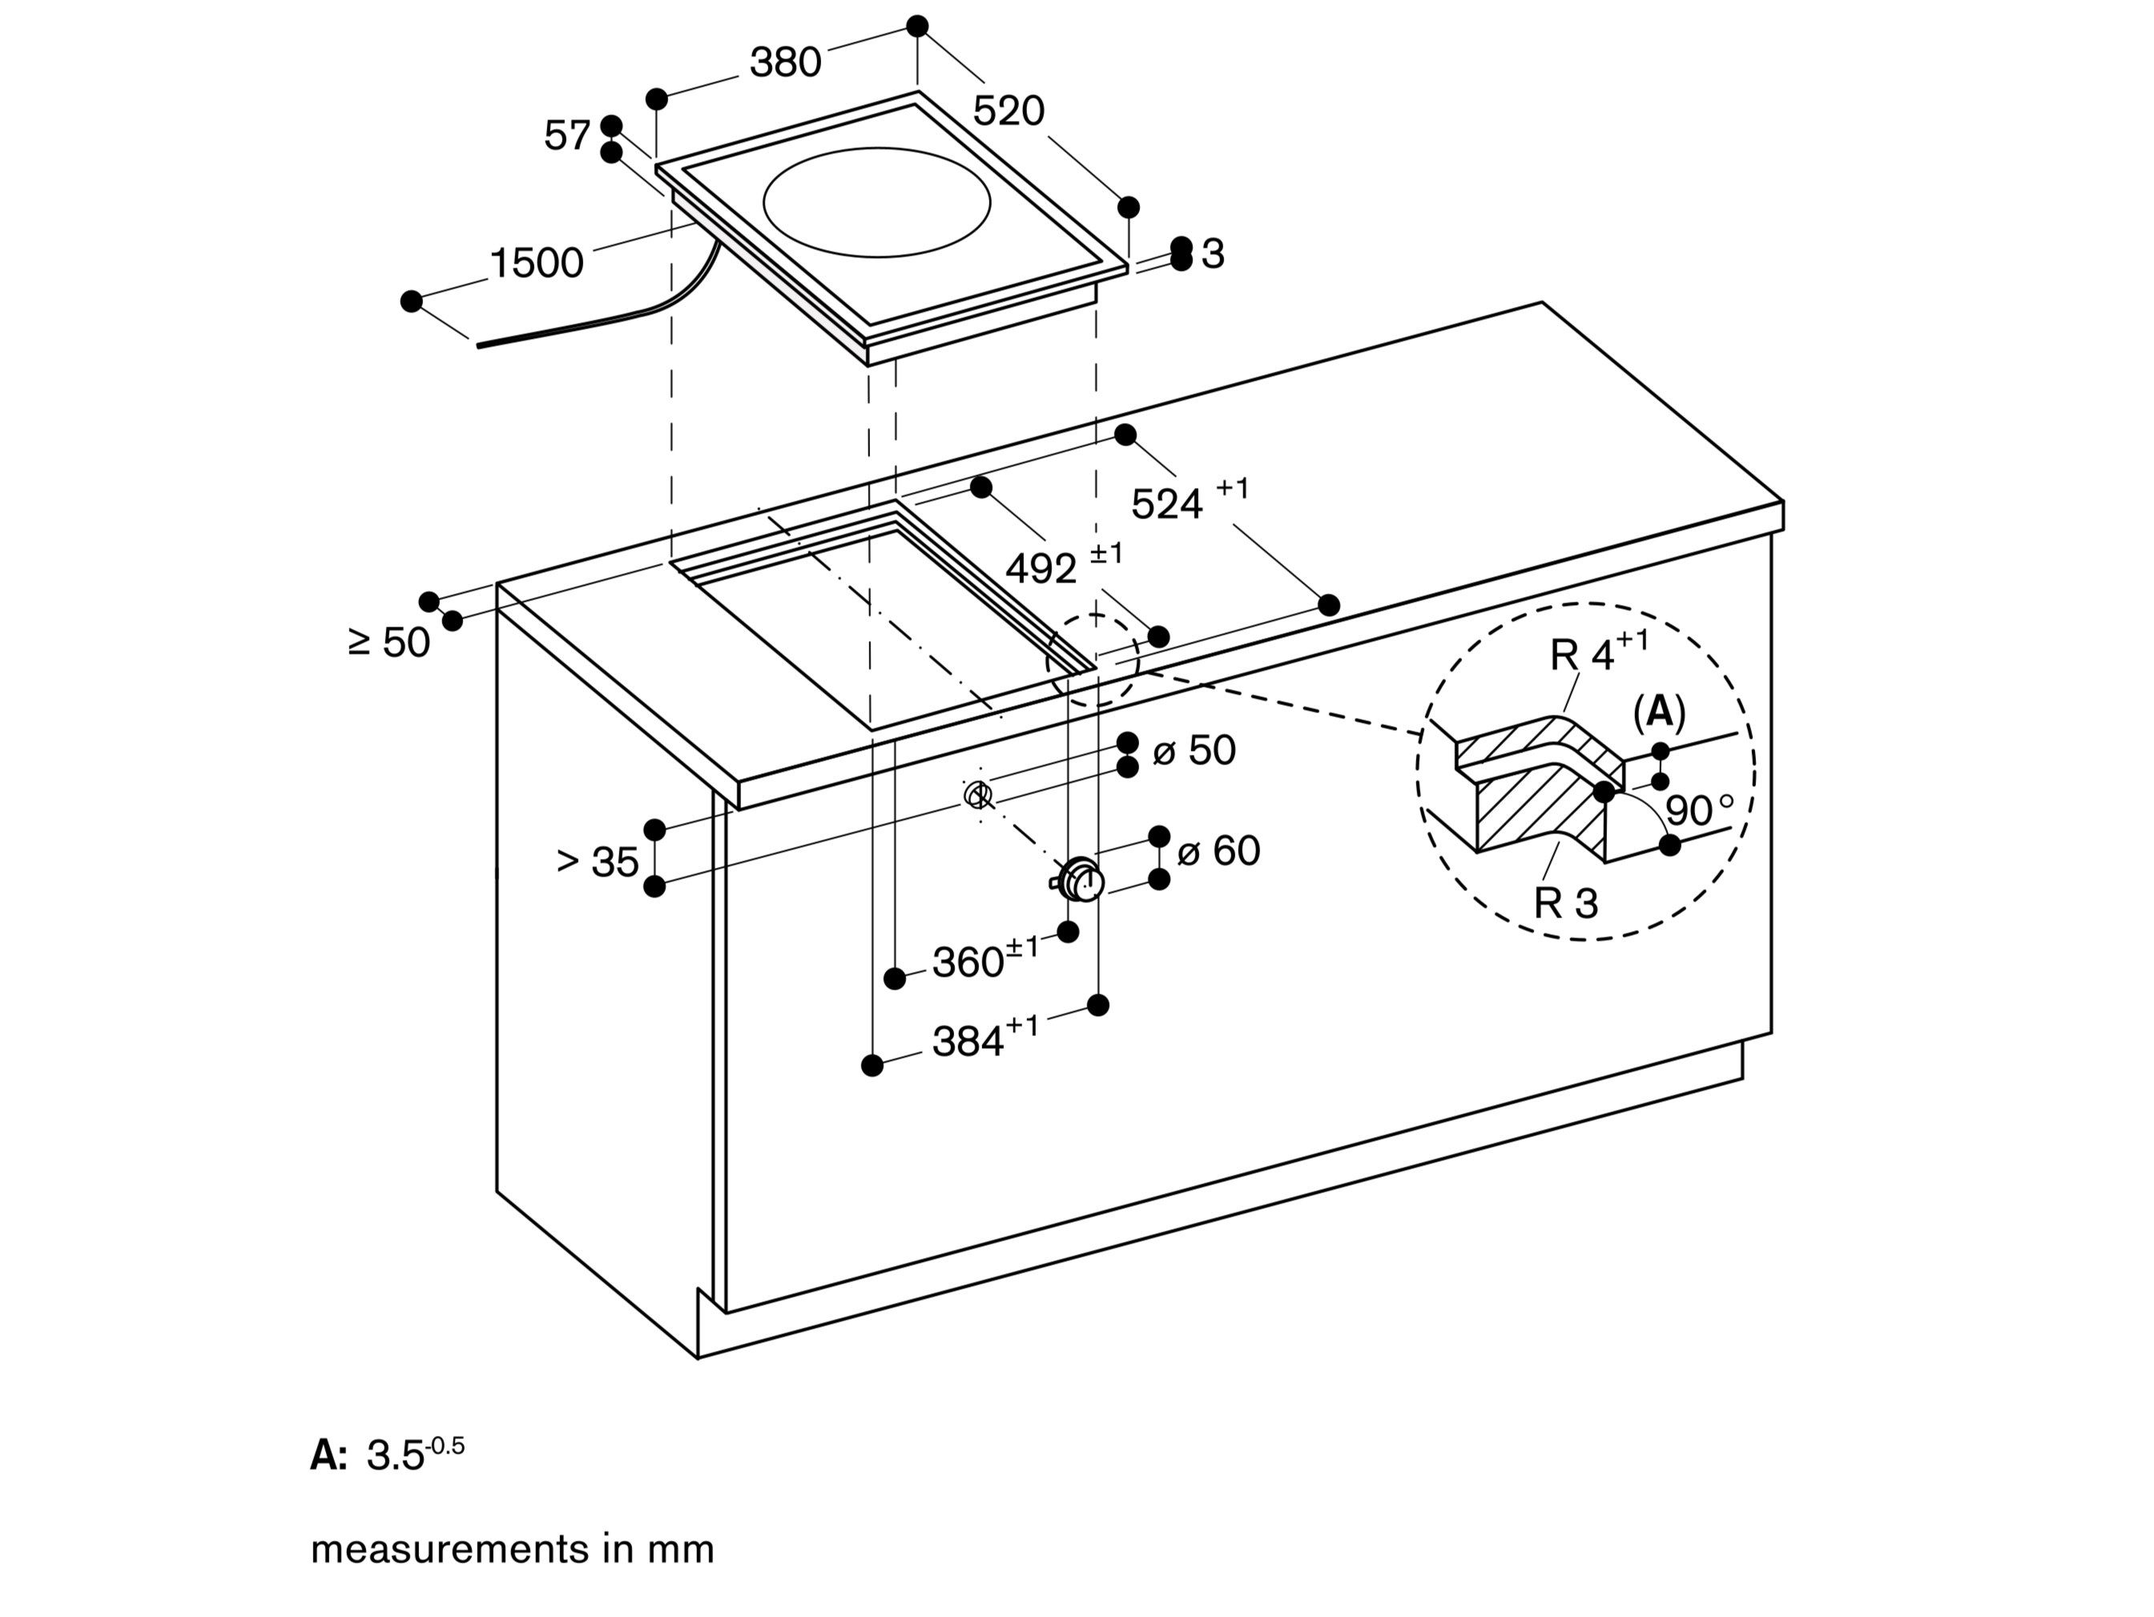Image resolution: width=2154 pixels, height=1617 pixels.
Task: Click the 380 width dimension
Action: coord(785,63)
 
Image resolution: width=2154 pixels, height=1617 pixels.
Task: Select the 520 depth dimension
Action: coord(1008,111)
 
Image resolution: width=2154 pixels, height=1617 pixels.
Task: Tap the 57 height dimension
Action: coord(567,135)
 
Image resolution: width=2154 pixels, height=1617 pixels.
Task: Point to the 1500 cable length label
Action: coord(536,263)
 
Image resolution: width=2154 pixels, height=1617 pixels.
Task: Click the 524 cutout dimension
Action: coord(1166,503)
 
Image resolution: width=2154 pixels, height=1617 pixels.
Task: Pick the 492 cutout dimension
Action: coord(1041,569)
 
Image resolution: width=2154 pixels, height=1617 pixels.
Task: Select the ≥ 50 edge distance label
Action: coord(389,643)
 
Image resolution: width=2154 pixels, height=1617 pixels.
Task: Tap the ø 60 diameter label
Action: coord(1218,851)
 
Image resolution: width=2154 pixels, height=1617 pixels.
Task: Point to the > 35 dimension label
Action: coord(597,861)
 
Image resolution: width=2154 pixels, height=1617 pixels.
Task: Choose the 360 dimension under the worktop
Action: coord(969,962)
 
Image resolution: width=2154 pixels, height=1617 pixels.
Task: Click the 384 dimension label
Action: coord(969,1042)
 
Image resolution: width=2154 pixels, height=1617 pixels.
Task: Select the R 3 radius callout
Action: coord(1565,903)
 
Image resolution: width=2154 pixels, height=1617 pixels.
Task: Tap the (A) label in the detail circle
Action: coord(1658,713)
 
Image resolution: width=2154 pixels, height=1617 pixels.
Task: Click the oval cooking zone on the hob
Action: coord(876,202)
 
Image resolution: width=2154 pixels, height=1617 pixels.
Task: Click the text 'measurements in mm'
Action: coord(512,1549)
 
